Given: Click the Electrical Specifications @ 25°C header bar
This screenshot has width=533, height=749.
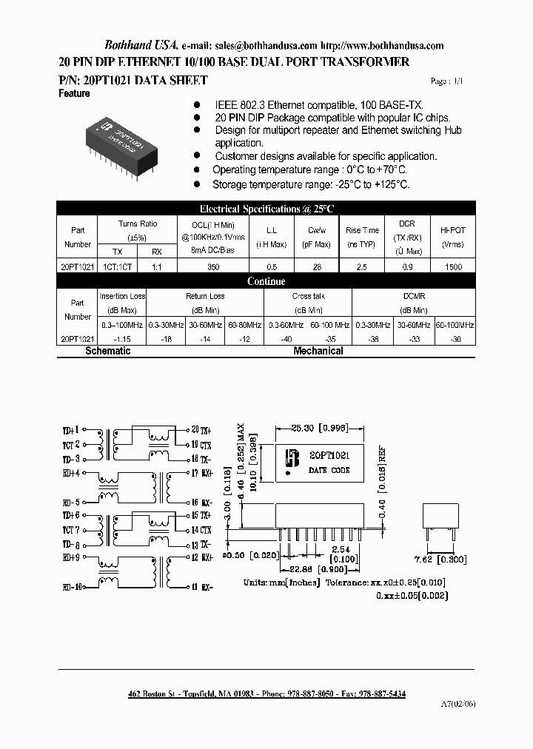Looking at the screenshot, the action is [x=266, y=209].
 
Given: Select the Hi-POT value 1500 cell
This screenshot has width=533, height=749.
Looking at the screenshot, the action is [x=452, y=266].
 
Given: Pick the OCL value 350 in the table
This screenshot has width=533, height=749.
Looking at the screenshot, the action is [x=212, y=266].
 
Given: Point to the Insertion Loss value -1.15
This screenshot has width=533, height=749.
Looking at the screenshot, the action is [x=122, y=338].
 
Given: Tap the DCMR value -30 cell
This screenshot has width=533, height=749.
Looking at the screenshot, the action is [x=455, y=338].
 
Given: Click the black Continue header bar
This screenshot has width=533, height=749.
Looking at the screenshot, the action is [x=266, y=281].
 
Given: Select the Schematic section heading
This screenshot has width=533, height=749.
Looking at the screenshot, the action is [x=108, y=351].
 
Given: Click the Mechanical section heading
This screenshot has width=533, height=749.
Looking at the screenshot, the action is [x=318, y=351].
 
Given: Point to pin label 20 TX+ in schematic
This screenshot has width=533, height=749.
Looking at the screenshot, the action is [x=201, y=429].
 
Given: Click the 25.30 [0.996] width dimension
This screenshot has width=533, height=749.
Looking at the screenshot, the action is [x=319, y=429].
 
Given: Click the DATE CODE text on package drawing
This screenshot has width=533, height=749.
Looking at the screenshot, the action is [x=329, y=470].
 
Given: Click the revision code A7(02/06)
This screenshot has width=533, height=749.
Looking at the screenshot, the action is [x=460, y=704].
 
